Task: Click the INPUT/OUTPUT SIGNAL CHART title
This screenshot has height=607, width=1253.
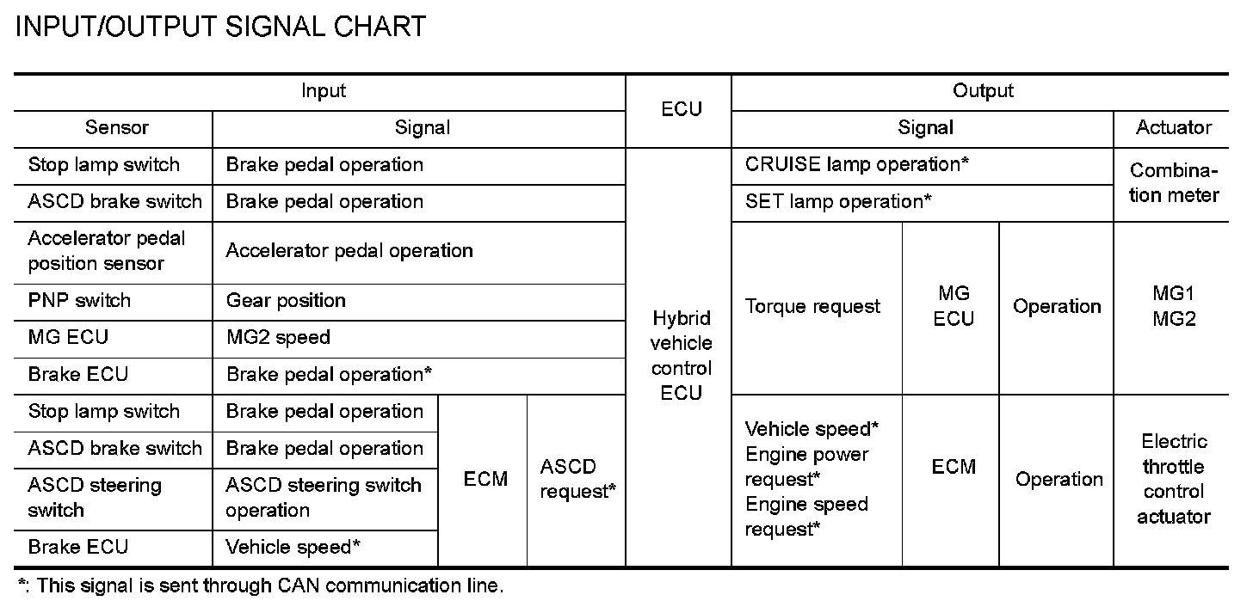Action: tap(220, 27)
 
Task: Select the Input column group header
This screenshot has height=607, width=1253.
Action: tap(324, 91)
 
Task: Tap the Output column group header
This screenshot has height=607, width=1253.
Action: tap(983, 91)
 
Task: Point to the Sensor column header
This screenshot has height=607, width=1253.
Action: tap(117, 128)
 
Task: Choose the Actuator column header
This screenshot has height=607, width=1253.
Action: tap(1173, 128)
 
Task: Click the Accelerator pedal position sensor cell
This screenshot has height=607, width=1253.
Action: tap(107, 251)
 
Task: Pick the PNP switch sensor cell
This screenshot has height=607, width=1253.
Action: tap(79, 301)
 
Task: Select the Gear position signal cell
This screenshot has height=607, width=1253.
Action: tap(286, 301)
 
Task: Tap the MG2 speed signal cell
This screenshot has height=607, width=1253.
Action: tap(278, 338)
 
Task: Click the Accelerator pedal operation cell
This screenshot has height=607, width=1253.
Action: tap(349, 251)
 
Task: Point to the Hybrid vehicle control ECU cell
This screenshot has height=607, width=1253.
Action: tap(681, 356)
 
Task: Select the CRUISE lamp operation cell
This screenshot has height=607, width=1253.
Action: tap(857, 164)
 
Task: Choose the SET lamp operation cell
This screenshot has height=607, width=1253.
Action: tap(838, 202)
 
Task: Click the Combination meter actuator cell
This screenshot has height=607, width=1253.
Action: tap(1174, 183)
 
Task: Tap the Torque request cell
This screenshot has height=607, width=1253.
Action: tap(812, 307)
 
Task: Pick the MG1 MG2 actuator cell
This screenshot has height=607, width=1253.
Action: tap(1174, 307)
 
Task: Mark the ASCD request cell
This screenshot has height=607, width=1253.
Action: tap(577, 480)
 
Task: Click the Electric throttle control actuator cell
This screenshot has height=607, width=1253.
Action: tap(1174, 480)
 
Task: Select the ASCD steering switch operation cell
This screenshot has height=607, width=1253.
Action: tap(324, 498)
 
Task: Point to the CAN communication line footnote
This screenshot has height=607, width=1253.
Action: tap(260, 586)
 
